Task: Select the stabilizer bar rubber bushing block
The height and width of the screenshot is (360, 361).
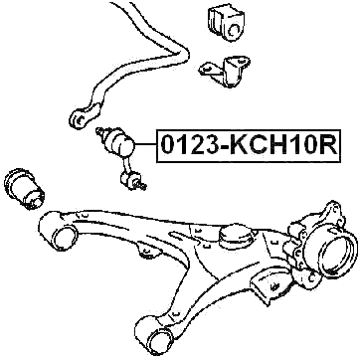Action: click(226, 26)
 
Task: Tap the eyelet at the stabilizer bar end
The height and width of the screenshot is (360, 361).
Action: click(79, 119)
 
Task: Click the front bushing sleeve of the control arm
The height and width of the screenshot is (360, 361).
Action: click(62, 236)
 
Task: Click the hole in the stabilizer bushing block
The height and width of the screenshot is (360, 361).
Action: click(229, 29)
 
